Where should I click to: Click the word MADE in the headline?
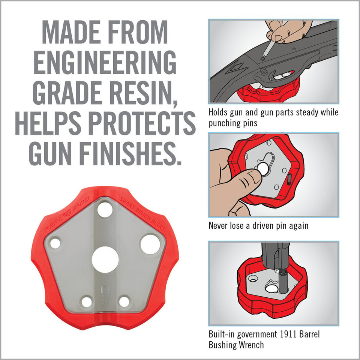pyautogui.click(x=78, y=34)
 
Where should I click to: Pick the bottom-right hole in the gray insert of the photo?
pyautogui.click(x=124, y=301)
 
